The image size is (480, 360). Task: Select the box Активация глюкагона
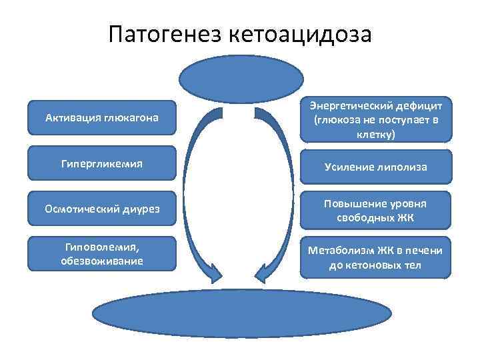click(102, 118)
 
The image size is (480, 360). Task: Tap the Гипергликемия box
click(102, 163)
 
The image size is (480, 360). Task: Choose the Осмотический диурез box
click(102, 208)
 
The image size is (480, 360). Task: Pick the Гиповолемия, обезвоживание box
click(102, 253)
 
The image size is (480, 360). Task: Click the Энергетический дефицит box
click(375, 120)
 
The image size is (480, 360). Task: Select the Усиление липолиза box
click(375, 167)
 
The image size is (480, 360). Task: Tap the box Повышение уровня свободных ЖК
click(375, 211)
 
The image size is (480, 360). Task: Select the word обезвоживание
click(102, 261)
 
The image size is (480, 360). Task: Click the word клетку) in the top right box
click(375, 135)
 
